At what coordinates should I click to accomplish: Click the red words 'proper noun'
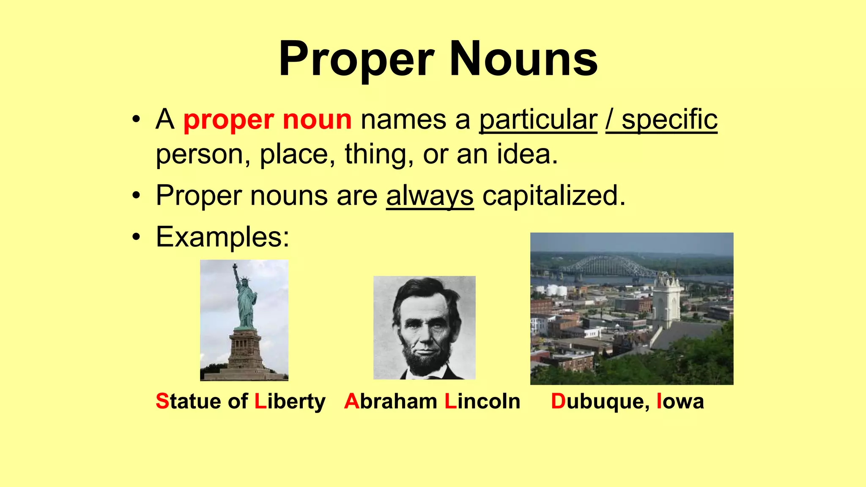(267, 120)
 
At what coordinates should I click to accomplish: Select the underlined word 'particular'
(538, 120)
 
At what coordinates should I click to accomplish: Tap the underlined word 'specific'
(669, 120)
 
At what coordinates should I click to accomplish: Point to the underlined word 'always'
(430, 196)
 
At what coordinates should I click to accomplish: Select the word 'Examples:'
(222, 237)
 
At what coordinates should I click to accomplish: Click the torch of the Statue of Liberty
(235, 266)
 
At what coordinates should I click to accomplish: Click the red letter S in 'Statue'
(162, 401)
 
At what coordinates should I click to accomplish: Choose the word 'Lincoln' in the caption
(482, 401)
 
